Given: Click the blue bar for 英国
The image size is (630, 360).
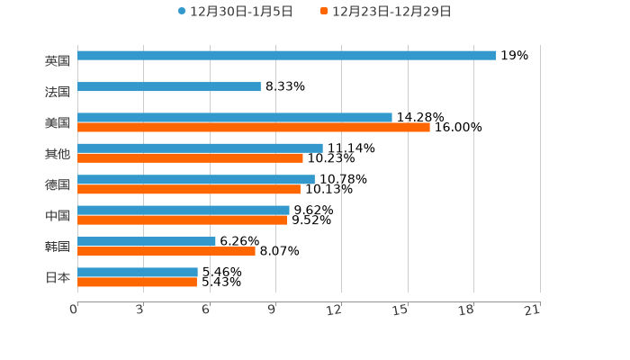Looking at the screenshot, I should (x=287, y=56).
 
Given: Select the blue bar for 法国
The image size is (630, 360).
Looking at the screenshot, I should (x=169, y=87).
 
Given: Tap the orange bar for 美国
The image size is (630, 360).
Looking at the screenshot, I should (x=254, y=128).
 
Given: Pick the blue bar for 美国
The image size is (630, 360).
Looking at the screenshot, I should (x=235, y=118).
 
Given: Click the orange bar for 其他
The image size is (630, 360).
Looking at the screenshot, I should (x=191, y=158).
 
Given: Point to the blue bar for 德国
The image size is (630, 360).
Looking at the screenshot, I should (x=196, y=180).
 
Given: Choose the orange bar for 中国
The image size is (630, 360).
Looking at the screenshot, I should (x=183, y=220).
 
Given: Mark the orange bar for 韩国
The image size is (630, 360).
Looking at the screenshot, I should (x=166, y=252).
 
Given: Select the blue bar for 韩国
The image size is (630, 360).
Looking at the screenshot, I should (x=147, y=241).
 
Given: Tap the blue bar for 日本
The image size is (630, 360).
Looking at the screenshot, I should (x=138, y=272).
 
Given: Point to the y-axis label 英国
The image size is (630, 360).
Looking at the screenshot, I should (x=58, y=61).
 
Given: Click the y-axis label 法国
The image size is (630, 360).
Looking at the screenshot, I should (x=58, y=92).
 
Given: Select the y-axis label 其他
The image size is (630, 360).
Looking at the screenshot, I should (x=58, y=154).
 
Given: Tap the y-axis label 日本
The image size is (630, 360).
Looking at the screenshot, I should (x=58, y=278).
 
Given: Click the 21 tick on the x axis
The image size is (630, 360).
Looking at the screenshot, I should (x=532, y=310).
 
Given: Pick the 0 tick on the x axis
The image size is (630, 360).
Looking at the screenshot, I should (x=74, y=310).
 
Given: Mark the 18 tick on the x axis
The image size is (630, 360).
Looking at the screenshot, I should (x=466, y=310).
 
